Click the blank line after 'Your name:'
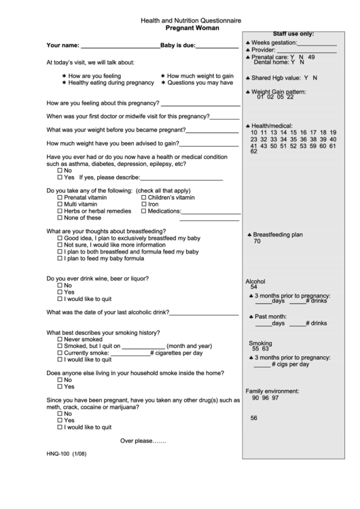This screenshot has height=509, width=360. (120, 48)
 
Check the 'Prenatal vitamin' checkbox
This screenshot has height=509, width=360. (60, 197)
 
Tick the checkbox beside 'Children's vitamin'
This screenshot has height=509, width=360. (144, 197)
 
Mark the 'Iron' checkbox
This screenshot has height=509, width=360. (144, 204)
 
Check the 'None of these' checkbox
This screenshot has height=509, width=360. (60, 218)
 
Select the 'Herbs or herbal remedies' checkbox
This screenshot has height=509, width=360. (60, 211)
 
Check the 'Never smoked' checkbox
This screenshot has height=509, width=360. (60, 338)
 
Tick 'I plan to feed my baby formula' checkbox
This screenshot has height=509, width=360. (60, 259)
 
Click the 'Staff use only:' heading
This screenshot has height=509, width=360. (293, 33)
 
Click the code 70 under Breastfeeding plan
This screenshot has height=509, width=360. (257, 241)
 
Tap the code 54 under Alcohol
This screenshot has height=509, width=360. (253, 287)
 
